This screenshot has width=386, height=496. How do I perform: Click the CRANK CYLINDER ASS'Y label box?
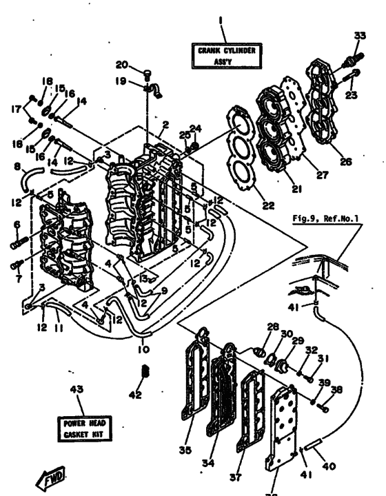pyautogui.click(x=221, y=55)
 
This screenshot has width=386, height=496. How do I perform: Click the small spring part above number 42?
pyautogui.click(x=145, y=373)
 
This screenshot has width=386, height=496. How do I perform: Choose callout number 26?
pyautogui.click(x=346, y=163)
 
